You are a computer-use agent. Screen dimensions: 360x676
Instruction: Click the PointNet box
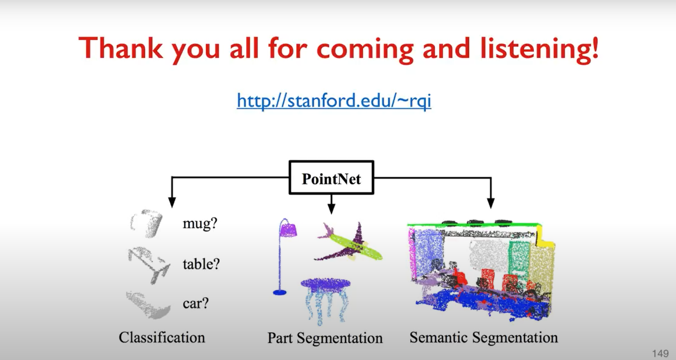pyautogui.click(x=331, y=178)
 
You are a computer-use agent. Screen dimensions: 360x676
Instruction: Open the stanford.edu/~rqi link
pyautogui.click(x=334, y=100)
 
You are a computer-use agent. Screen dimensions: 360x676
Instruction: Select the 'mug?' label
pyautogui.click(x=200, y=224)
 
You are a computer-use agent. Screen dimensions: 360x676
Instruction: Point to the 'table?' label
pyautogui.click(x=201, y=264)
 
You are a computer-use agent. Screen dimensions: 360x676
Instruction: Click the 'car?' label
pyautogui.click(x=196, y=303)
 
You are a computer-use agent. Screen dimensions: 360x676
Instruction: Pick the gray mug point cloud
pyautogui.click(x=147, y=223)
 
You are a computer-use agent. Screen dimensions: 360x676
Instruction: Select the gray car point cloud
pyautogui.click(x=147, y=306)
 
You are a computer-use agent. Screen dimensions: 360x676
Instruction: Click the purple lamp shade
pyautogui.click(x=288, y=229)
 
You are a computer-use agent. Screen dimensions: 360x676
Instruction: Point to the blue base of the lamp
pyautogui.click(x=280, y=292)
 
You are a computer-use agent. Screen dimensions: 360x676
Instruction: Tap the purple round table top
pyautogui.click(x=326, y=283)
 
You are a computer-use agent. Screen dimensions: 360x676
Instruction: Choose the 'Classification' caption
pyautogui.click(x=162, y=337)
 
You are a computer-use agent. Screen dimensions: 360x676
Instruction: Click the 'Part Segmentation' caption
pyautogui.click(x=325, y=338)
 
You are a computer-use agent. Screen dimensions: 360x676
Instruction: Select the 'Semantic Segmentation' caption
pyautogui.click(x=484, y=337)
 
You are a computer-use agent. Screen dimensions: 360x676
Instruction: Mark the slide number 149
pyautogui.click(x=660, y=353)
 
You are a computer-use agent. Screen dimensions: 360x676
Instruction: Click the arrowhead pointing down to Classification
pyautogui.click(x=172, y=202)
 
